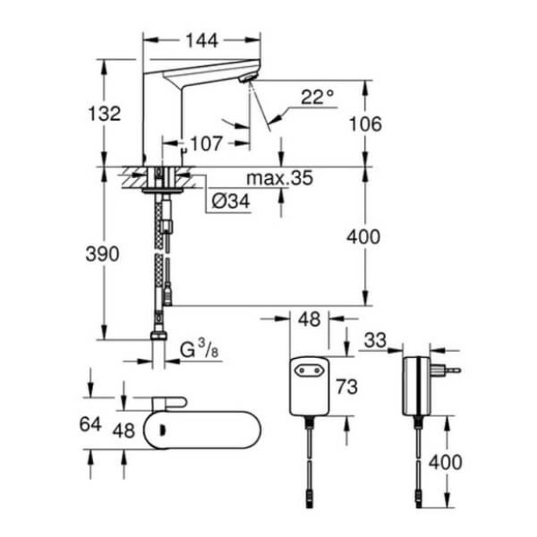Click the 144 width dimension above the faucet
coord(202,40)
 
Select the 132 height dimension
coord(104,114)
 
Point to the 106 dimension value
coord(365,123)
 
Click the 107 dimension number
coord(206,144)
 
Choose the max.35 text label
coord(279,179)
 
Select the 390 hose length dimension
coord(103,254)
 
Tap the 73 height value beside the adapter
coord(348,385)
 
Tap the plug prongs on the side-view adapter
coord(451,368)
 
